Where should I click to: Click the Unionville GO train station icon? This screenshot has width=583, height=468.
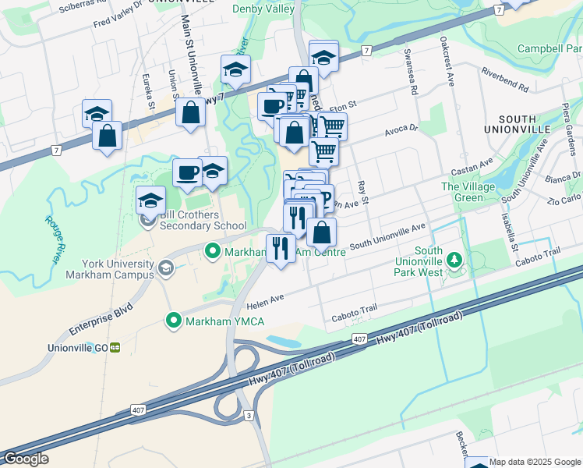coord(115,347)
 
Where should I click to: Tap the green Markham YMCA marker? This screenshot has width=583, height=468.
coord(173,321)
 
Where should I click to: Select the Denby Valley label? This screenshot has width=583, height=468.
coord(263,9)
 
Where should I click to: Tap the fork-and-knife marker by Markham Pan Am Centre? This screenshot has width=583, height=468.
coord(280,247)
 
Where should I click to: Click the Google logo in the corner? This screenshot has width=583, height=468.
coord(26,459)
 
